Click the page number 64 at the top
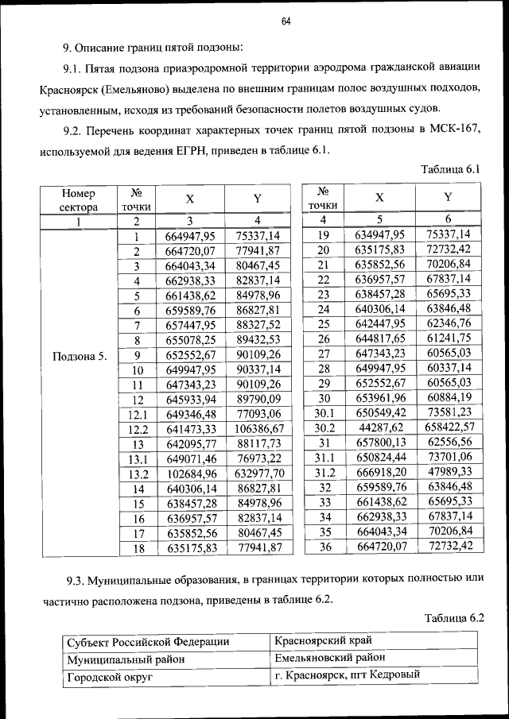click(x=286, y=21)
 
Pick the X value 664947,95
click(x=190, y=236)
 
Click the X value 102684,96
click(x=190, y=474)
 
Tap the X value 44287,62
click(x=380, y=429)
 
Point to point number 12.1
click(x=137, y=414)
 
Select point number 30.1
click(x=323, y=412)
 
